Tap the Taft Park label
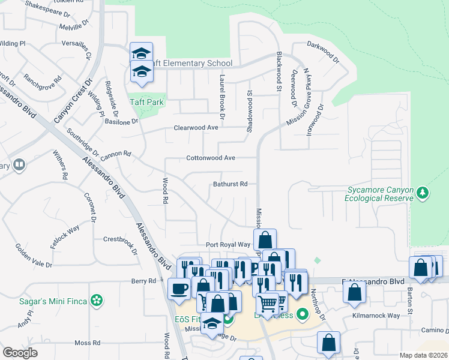pos(146,102)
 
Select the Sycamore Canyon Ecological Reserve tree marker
pos(424,193)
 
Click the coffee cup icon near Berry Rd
pos(179,288)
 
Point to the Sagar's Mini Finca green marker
pos(96,301)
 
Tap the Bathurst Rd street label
pos(231,184)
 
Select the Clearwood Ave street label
pos(196,128)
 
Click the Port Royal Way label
pos(228,245)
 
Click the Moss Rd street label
pos(87,343)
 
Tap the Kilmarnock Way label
pos(376,316)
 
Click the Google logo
pos(20,353)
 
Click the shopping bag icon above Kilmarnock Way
pos(355,292)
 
